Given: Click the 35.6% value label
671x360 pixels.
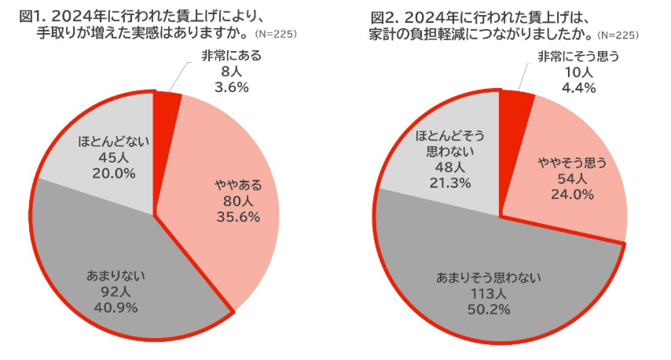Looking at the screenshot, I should click(x=238, y=216).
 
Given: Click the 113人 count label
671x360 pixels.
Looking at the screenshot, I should click(x=479, y=293).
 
